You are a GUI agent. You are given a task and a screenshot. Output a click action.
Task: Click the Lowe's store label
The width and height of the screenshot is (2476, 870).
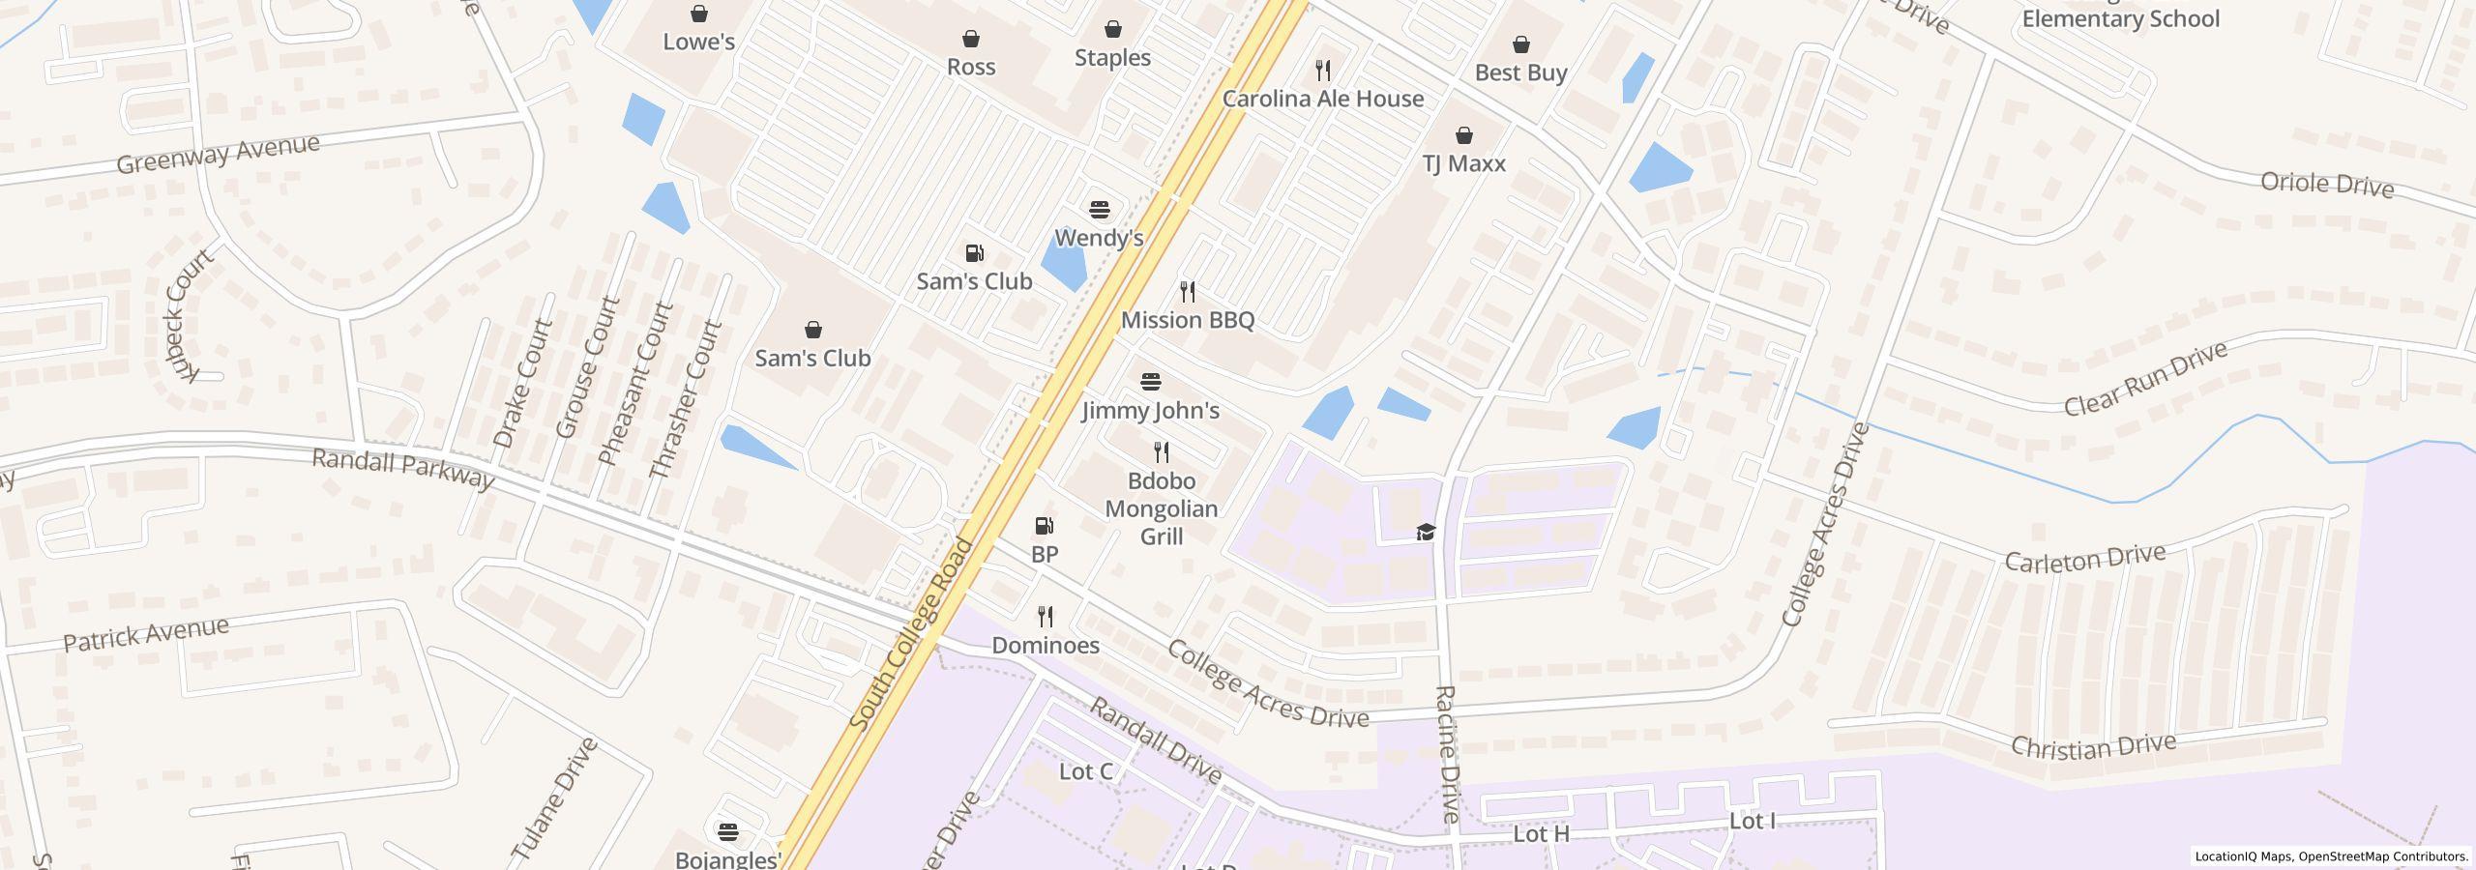(x=698, y=42)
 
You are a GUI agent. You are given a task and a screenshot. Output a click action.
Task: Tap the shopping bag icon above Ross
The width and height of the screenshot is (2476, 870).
(x=970, y=39)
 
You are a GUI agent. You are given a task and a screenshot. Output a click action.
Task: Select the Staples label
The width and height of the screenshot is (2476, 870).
(x=1112, y=58)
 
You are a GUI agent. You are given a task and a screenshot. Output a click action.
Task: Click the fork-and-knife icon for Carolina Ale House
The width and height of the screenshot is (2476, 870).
(x=1323, y=70)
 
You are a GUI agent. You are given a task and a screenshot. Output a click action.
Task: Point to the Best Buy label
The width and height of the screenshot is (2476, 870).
(x=1520, y=73)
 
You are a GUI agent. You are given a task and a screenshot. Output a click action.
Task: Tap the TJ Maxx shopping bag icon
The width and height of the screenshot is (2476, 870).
(x=1464, y=135)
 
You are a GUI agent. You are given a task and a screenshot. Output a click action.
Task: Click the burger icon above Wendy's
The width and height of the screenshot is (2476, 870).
(x=1099, y=210)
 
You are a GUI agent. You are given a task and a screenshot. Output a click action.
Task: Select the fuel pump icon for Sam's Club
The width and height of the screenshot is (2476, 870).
(x=974, y=253)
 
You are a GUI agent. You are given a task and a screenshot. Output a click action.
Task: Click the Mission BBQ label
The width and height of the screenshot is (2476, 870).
(x=1187, y=320)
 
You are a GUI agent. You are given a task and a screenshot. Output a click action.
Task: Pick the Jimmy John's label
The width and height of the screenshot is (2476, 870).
(x=1150, y=411)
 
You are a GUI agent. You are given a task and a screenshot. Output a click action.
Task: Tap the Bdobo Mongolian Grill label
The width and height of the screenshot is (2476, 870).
(x=1161, y=508)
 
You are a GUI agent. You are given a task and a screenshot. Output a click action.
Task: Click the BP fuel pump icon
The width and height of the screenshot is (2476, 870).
(x=1045, y=526)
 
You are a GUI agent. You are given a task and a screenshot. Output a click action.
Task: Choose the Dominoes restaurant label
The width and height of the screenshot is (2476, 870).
(x=1046, y=646)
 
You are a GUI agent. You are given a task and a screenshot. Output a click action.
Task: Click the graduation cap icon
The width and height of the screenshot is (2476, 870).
(x=1426, y=532)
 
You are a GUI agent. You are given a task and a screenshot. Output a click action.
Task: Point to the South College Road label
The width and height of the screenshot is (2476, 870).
(x=911, y=634)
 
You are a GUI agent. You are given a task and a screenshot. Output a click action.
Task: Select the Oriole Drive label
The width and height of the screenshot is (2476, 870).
(x=2326, y=185)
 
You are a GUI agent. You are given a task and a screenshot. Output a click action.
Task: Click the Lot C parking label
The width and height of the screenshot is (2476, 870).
(x=1085, y=771)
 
